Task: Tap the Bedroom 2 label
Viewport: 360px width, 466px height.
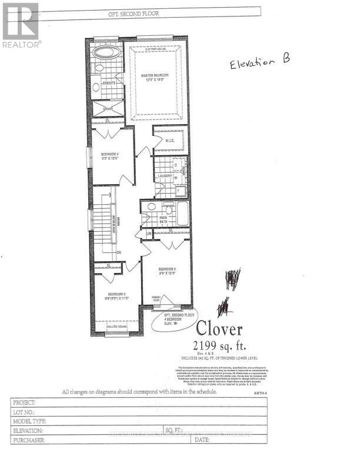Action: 166,271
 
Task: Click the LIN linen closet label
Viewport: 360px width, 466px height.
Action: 149,234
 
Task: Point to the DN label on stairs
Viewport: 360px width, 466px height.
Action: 118,252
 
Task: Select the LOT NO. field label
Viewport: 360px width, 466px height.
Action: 24,412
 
